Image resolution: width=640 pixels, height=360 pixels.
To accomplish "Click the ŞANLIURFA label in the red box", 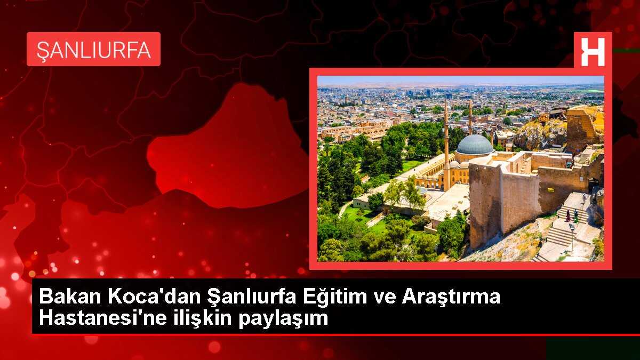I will click(x=93, y=49).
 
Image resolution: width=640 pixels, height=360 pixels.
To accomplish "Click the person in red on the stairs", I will click(x=567, y=215).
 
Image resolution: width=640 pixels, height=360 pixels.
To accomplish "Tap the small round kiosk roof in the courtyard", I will click(x=422, y=190).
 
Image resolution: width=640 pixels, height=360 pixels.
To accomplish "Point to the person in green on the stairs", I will click(x=576, y=217).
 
